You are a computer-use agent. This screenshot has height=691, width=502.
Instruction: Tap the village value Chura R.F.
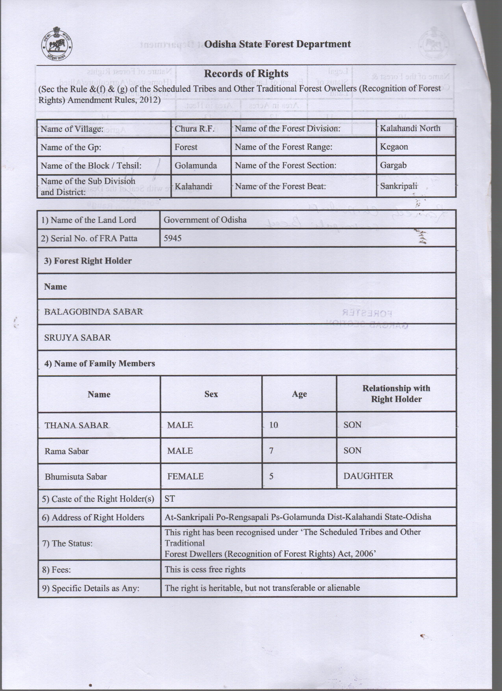pos(194,129)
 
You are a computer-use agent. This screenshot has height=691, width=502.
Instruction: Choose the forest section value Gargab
pos(393,165)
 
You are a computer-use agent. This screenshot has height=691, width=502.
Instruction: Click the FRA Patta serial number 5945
pos(172,238)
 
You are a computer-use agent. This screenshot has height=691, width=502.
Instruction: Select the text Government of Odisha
pos(205,220)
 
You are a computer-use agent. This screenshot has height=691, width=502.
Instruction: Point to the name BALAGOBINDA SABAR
pos(94,312)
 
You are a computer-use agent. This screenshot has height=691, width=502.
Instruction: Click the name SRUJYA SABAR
pos(78,338)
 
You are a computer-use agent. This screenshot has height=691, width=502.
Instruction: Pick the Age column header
pos(299,394)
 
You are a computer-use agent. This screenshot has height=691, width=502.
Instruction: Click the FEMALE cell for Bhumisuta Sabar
pos(185,476)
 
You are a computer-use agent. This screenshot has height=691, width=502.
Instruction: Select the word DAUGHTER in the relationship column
pos(368,476)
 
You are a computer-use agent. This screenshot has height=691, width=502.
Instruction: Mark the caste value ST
pos(170,499)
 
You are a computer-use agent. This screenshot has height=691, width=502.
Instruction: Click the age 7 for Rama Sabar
pos(271,451)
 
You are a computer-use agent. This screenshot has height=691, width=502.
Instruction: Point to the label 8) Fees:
pos(56,569)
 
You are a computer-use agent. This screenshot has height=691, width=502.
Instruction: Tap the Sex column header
pos(211,394)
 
